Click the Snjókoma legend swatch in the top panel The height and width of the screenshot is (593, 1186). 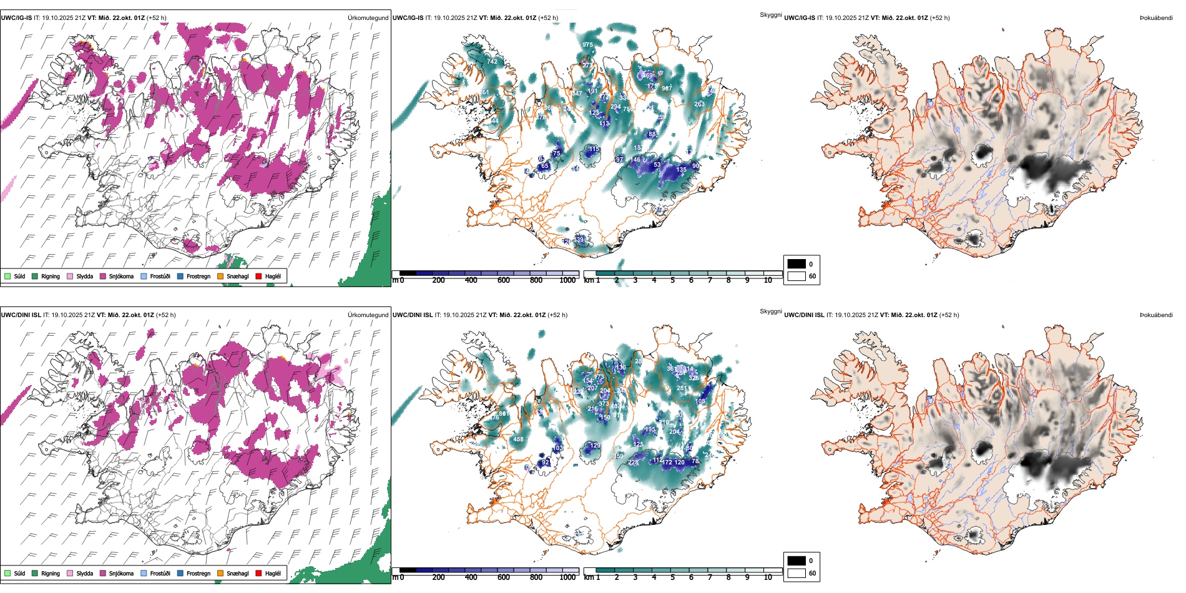pos(103,276)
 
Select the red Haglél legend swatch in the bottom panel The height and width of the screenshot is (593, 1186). pos(258,573)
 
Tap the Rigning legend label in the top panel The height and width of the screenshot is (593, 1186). pos(51,276)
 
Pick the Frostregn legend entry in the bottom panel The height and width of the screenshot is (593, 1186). pos(198,573)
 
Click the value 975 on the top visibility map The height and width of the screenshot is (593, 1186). pos(587,45)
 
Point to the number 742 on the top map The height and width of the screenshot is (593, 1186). pos(493,61)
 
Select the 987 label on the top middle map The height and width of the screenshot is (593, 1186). pos(667,88)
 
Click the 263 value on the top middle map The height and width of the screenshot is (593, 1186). pos(699,104)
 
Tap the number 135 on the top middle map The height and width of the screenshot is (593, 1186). pos(681,169)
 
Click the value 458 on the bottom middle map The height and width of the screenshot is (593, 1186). pos(518,439)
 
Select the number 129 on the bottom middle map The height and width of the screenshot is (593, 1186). pos(595,446)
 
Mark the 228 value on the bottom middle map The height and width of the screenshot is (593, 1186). pos(634,463)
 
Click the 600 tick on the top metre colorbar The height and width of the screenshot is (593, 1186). pos(503,280)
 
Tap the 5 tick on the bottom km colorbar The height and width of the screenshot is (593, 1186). pos(672,577)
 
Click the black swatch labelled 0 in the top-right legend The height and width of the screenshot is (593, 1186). pos(796,264)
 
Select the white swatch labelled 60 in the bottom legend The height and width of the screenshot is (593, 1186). pos(796,573)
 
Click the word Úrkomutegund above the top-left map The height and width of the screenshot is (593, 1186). pos(368,18)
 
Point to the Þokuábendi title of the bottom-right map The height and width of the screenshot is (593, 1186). pos(1156,315)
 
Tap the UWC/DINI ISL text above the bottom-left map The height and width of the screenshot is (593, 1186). pos(21,315)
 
